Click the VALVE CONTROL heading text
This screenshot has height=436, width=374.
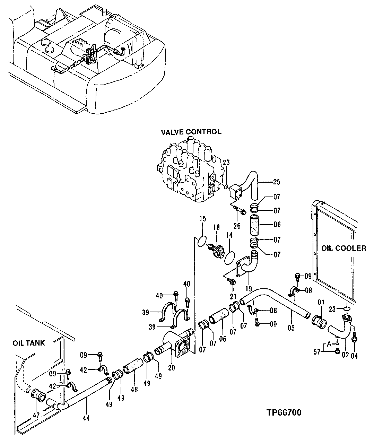coord(191,132)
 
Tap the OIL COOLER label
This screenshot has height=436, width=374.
coord(343,248)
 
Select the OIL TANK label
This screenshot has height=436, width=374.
coord(29,343)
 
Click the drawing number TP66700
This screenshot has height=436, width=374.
coord(284,412)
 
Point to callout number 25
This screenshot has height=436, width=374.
coord(277,182)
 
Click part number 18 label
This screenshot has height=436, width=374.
coord(216,227)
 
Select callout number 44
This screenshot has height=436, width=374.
coord(86,418)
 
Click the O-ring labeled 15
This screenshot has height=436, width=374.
coord(201,241)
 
